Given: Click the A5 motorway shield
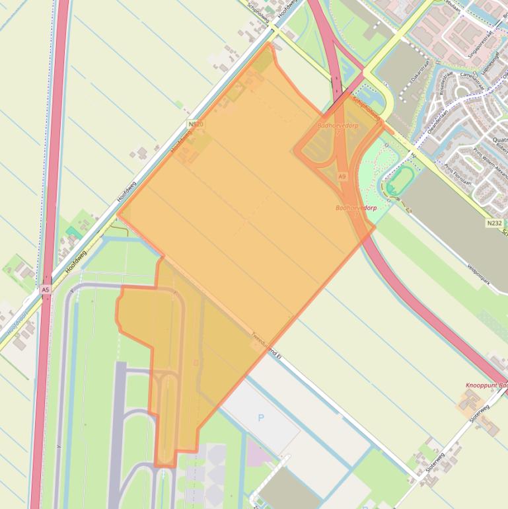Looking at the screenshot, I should coord(45,290).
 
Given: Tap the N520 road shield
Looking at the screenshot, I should coord(196,124).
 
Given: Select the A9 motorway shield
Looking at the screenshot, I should coord(342,176).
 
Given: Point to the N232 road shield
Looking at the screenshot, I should coord(494,224).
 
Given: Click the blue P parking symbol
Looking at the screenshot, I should coord(261,417).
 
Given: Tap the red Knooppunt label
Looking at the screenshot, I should coord(486,385).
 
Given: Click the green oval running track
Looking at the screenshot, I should coord(400,180).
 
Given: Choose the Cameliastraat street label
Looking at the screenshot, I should coord(454,82).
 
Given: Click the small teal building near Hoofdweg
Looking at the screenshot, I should coord(71,232).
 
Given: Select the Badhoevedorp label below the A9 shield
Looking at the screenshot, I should coord(356,208).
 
